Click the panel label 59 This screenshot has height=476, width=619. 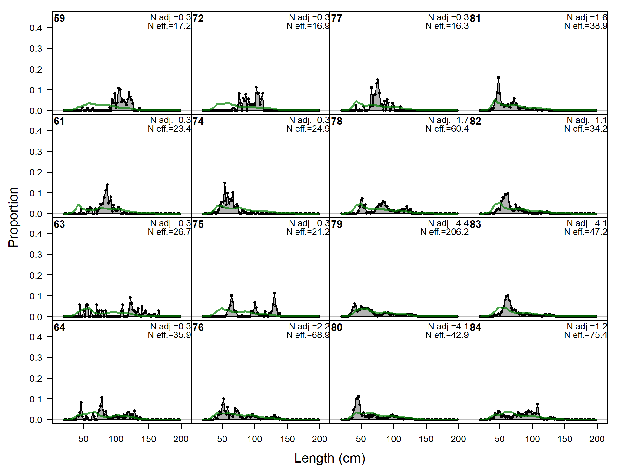(59, 18)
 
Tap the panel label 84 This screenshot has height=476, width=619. (476, 327)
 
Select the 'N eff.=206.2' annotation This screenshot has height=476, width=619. (444, 232)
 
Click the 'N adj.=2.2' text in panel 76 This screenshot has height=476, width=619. (309, 326)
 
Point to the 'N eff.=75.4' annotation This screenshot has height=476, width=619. (586, 335)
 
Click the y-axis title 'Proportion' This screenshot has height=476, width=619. (13, 217)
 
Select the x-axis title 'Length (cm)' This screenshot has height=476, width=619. (330, 458)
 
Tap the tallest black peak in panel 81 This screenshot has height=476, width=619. (498, 78)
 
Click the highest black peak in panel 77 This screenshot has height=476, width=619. (378, 80)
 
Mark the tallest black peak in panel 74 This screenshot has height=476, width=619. (225, 183)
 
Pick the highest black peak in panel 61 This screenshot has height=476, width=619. (107, 185)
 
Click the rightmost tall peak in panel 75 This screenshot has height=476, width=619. (274, 294)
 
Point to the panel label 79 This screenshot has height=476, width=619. (337, 224)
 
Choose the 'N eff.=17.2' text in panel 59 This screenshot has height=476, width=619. (169, 26)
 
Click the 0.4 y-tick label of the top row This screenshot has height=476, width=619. (36, 28)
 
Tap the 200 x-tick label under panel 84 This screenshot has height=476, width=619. (597, 439)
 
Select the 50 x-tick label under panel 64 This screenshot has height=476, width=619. (83, 439)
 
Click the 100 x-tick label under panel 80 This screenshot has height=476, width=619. (394, 439)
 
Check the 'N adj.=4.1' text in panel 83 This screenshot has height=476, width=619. (587, 223)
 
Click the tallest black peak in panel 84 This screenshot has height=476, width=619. (537, 404)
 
